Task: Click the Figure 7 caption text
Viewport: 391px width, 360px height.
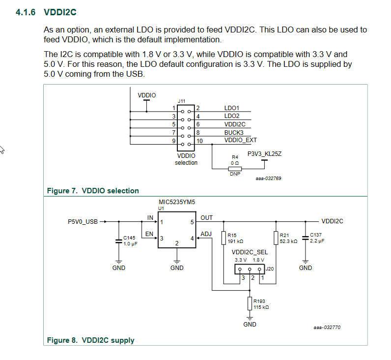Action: (93, 190)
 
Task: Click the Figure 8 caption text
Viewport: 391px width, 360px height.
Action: (90, 340)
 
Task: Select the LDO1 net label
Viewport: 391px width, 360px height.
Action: (232, 108)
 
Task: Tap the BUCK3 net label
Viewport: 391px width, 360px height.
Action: (234, 132)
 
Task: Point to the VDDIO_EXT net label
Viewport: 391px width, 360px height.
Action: (240, 140)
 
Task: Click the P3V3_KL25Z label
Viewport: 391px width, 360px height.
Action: (264, 154)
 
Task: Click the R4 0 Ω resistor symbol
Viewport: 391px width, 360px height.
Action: (235, 169)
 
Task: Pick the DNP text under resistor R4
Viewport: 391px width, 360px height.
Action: (235, 174)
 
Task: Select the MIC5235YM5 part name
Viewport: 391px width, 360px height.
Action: (177, 202)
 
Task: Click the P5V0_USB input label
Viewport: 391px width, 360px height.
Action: (83, 221)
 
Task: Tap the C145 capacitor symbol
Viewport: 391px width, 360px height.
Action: (118, 241)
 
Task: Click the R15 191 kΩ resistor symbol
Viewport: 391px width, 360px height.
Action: (223, 238)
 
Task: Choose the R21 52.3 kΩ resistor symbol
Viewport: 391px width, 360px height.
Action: (276, 238)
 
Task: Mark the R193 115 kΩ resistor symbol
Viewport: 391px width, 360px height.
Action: (250, 303)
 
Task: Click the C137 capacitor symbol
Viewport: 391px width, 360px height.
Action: (305, 238)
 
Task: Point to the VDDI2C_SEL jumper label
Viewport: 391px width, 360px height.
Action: (250, 252)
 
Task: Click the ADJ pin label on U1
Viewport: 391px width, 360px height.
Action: (206, 234)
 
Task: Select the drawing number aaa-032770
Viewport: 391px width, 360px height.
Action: (327, 327)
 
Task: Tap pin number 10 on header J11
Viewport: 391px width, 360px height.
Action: (199, 141)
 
